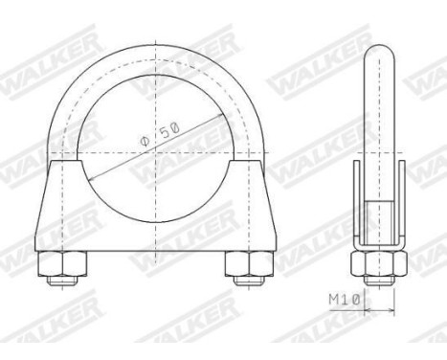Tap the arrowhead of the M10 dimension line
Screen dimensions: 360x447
point(367,309)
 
